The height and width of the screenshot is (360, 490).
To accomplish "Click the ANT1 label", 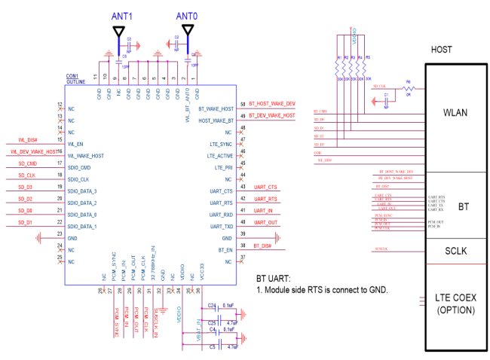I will pyautogui.click(x=122, y=16).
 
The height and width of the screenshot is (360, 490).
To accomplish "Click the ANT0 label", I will pyautogui.click(x=187, y=16).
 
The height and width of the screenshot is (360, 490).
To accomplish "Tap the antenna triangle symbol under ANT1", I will pyautogui.click(x=119, y=31).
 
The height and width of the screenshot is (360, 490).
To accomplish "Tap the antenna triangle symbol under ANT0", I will pyautogui.click(x=187, y=30).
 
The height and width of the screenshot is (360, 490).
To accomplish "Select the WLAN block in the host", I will pyautogui.click(x=455, y=113).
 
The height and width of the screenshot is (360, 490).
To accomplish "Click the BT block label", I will pyautogui.click(x=464, y=206).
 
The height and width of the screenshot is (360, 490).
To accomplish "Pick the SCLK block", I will pyautogui.click(x=455, y=251).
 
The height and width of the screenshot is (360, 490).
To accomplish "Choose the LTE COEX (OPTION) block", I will pyautogui.click(x=455, y=304).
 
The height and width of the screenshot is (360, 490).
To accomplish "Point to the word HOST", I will pyautogui.click(x=442, y=50).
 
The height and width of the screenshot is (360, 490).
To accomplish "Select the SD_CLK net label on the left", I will pyautogui.click(x=27, y=175).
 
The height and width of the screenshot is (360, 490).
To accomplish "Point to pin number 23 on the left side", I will pyautogui.click(x=60, y=237).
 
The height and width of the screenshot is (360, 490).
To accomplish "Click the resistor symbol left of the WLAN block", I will pyautogui.click(x=409, y=89).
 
